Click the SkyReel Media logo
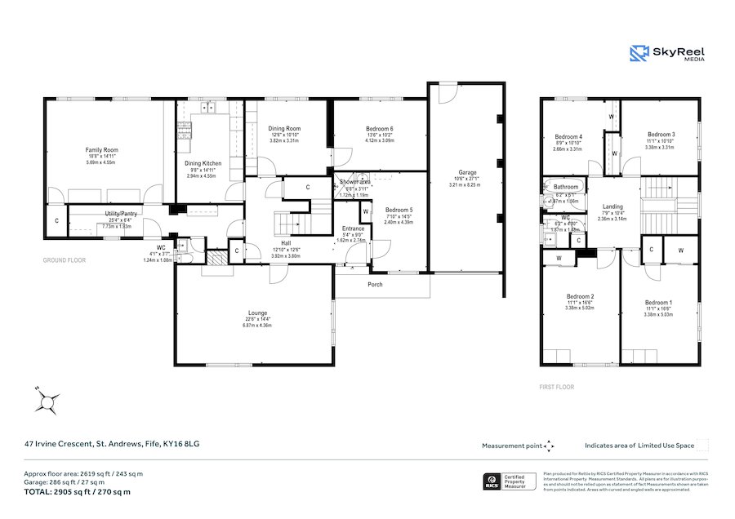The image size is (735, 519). [666, 53]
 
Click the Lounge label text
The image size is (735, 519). [257, 313]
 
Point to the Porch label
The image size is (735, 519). [375, 285]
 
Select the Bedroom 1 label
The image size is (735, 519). [657, 302]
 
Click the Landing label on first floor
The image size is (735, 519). [612, 207]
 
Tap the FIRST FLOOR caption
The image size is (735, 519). [557, 387]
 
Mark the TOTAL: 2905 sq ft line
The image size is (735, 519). [77, 492]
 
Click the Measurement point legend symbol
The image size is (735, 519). [549, 446]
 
